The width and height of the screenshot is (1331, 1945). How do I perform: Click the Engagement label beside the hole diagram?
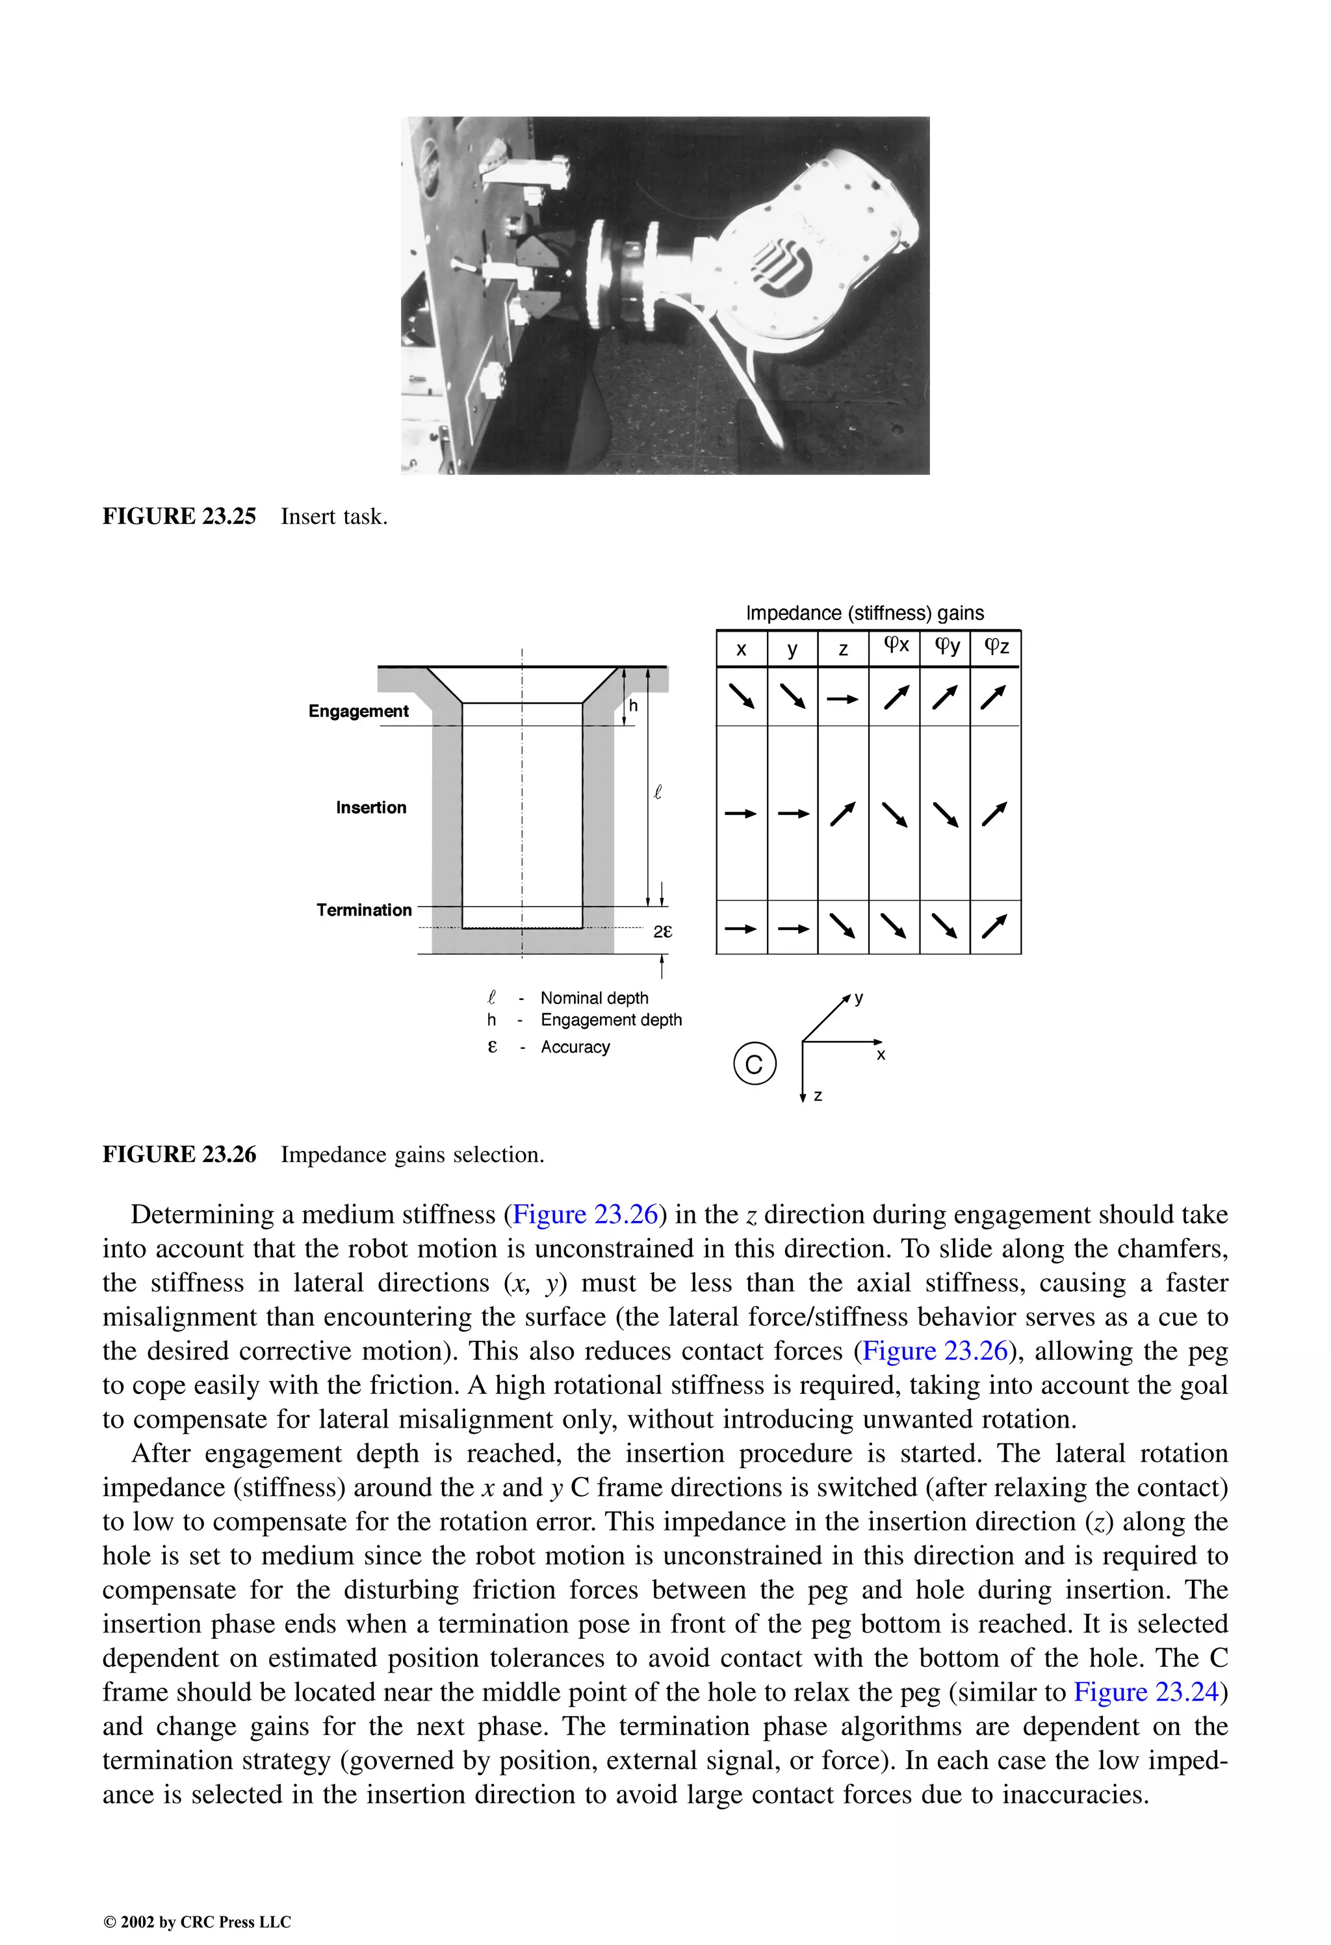click(358, 712)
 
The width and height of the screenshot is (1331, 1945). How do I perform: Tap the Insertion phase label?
click(371, 808)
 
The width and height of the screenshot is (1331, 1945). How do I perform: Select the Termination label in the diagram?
click(363, 910)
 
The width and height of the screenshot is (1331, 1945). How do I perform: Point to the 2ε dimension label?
click(662, 931)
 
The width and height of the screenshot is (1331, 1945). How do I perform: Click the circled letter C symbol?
click(755, 1064)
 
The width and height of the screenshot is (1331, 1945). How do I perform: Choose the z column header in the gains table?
click(843, 649)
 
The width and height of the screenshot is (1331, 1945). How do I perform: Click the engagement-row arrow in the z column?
click(842, 699)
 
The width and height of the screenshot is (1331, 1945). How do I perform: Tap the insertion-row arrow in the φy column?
click(945, 814)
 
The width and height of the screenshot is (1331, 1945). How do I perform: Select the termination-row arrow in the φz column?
click(994, 927)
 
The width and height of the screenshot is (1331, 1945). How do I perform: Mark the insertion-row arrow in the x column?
click(741, 813)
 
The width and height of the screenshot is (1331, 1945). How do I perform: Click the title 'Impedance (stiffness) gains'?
click(865, 613)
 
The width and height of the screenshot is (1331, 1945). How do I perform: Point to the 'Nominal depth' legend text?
click(595, 998)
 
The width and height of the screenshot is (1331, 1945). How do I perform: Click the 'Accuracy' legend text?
click(575, 1047)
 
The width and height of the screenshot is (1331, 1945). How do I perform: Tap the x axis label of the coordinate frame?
click(881, 1056)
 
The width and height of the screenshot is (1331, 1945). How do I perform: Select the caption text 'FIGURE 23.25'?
click(179, 517)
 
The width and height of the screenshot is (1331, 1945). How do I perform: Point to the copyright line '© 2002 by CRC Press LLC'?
click(197, 1922)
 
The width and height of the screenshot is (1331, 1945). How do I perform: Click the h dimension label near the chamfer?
click(633, 706)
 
